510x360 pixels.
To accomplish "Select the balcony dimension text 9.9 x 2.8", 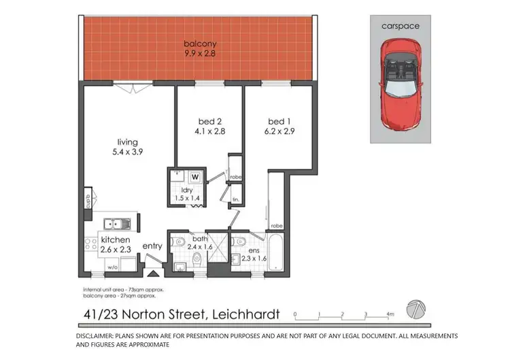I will (x=199, y=54).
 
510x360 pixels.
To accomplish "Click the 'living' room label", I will (x=122, y=143).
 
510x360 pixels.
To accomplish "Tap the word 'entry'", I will (x=152, y=246).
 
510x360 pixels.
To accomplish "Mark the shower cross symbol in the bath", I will (x=216, y=252).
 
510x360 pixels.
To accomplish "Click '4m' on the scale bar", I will (x=390, y=314).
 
